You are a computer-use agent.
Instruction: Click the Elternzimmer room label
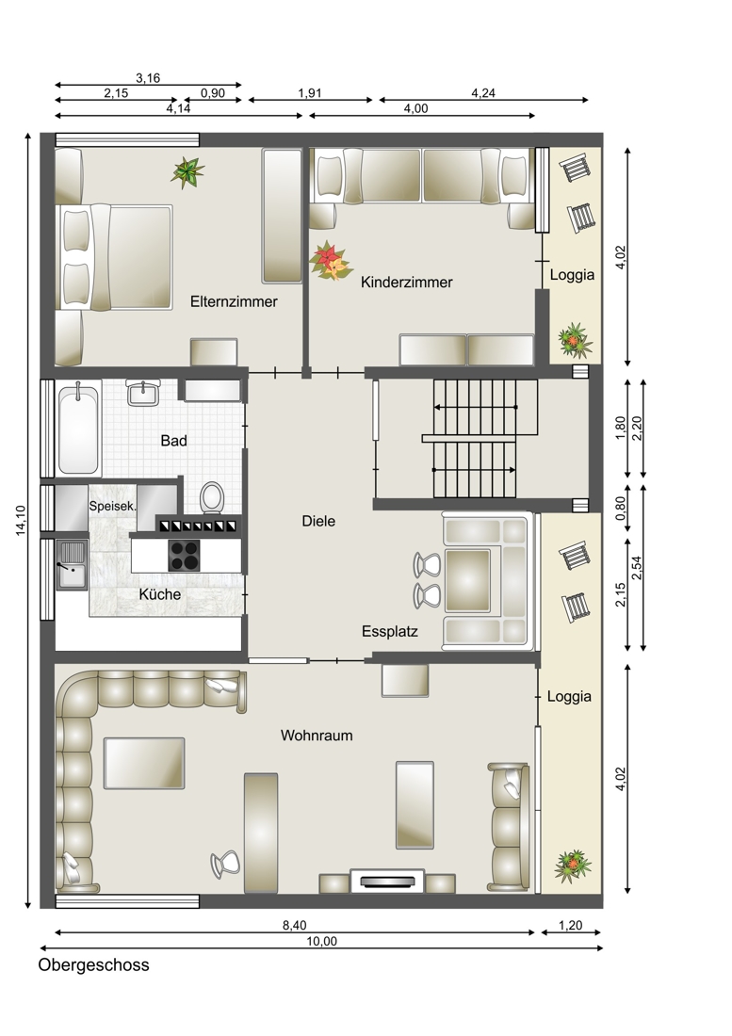click(234, 301)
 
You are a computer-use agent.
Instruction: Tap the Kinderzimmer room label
click(406, 283)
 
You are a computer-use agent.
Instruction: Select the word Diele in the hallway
click(318, 521)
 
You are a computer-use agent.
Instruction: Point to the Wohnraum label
click(317, 735)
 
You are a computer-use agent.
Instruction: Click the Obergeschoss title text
click(94, 964)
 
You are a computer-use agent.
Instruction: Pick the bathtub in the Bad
click(78, 429)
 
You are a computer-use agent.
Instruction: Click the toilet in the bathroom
click(212, 497)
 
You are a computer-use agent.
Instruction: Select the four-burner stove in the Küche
click(185, 555)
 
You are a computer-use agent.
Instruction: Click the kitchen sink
click(72, 564)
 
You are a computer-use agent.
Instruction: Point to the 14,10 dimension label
click(21, 520)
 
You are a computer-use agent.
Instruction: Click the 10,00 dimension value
click(322, 942)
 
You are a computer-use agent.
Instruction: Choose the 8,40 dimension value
click(295, 926)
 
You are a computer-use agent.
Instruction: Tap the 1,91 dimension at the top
click(309, 93)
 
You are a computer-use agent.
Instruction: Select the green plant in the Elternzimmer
click(187, 172)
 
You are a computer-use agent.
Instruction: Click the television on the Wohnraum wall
click(387, 881)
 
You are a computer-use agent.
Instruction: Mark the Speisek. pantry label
click(113, 507)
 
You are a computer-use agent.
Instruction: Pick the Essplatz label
click(390, 631)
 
